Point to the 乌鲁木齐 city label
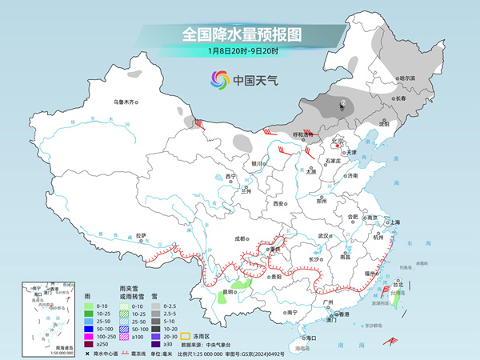(x=125, y=102)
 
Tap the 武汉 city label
(x=323, y=236)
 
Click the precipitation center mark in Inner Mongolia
(x=342, y=105)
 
